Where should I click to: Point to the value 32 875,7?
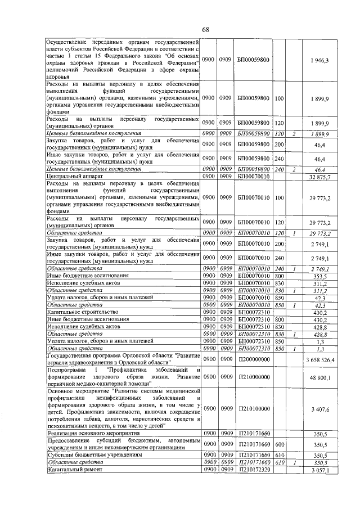[319, 177]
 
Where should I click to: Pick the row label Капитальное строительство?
[82, 312]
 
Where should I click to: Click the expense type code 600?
[279, 444]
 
